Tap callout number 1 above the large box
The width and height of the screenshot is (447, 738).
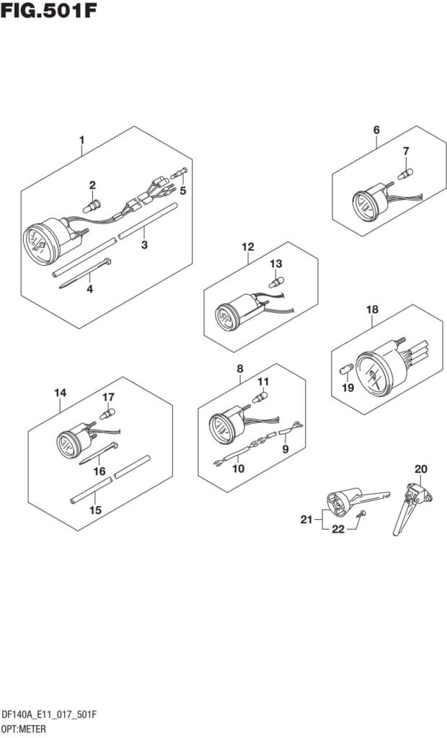[81, 139]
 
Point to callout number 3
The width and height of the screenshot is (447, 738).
[144, 245]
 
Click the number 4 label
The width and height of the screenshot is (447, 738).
[89, 290]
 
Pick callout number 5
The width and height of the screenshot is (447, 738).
[183, 190]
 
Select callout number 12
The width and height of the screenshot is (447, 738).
[248, 247]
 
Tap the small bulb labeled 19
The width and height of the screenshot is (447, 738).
[345, 370]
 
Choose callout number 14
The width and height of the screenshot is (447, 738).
[61, 393]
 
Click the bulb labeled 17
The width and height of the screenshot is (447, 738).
[108, 414]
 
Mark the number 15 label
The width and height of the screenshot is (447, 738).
[95, 510]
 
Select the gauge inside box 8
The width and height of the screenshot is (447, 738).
[223, 428]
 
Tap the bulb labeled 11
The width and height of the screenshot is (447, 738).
[259, 396]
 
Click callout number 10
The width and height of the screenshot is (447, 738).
[238, 468]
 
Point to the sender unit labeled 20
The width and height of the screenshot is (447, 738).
[409, 504]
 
